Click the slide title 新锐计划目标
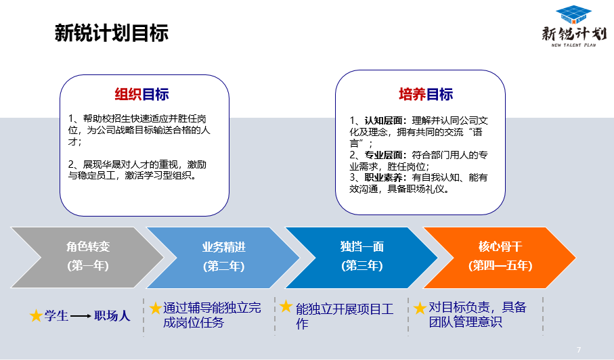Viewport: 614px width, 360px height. pyautogui.click(x=112, y=33)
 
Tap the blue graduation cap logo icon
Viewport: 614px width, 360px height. pyautogui.click(x=573, y=15)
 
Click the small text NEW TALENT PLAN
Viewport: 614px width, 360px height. pyautogui.click(x=573, y=45)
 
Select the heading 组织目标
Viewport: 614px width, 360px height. pyautogui.click(x=141, y=94)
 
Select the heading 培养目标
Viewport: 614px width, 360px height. pyautogui.click(x=426, y=94)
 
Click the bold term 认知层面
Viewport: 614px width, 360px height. pyautogui.click(x=383, y=120)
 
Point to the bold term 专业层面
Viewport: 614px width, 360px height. pyautogui.click(x=383, y=155)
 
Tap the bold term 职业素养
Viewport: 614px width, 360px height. pyautogui.click(x=383, y=178)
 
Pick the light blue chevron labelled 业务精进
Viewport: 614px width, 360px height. pyautogui.click(x=223, y=257)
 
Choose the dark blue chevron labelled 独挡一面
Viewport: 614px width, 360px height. pyautogui.click(x=361, y=257)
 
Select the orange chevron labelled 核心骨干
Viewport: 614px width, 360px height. pyautogui.click(x=500, y=257)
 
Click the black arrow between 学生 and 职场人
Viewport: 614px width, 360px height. pyautogui.click(x=81, y=316)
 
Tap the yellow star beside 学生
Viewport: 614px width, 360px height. pyautogui.click(x=36, y=315)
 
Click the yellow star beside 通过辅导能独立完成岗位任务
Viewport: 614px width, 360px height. pyautogui.click(x=156, y=308)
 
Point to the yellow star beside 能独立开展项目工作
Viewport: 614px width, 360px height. pyautogui.click(x=286, y=306)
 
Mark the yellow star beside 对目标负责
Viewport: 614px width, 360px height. pyautogui.click(x=420, y=308)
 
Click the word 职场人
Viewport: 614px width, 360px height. pyautogui.click(x=112, y=316)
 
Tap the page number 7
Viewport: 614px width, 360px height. pyautogui.click(x=579, y=350)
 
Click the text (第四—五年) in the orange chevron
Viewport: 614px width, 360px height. pyautogui.click(x=500, y=266)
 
